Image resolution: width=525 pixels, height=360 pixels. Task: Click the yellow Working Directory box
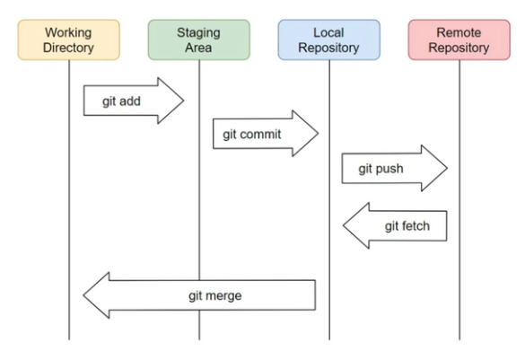68,40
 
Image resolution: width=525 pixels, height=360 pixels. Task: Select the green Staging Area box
199,40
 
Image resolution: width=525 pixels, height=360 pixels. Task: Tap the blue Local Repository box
328,40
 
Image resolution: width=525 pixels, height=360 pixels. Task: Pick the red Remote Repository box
459,40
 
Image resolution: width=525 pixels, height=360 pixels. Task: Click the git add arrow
134,101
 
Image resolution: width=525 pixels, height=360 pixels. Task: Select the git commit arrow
266,134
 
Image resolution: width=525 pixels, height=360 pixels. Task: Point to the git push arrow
394,168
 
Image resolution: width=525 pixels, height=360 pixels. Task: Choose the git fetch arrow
395,225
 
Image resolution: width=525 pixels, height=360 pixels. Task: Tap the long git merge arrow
199,295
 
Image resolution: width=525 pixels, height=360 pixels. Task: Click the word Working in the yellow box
68,33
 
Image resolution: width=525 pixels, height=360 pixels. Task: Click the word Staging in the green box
198,33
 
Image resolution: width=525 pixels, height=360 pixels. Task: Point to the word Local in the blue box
328,33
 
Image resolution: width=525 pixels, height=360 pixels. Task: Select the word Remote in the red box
459,33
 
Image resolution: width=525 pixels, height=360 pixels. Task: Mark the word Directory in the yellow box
68,48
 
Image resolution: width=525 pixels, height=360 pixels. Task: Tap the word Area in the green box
198,48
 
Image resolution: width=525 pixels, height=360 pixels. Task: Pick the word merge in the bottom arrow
223,296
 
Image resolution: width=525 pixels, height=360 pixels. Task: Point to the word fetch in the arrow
416,226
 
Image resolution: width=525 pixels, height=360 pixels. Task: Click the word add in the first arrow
129,101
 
